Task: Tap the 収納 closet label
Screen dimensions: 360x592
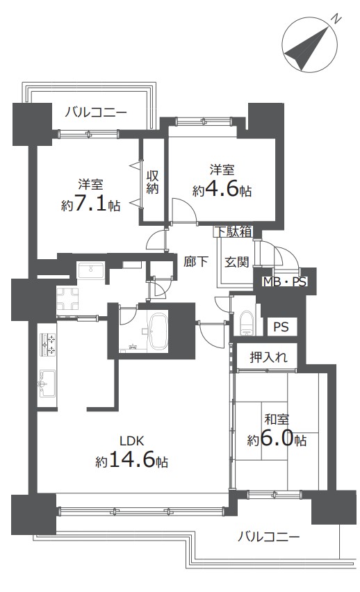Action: click(152, 182)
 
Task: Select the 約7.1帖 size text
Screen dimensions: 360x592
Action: click(90, 204)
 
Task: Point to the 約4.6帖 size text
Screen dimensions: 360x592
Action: click(222, 190)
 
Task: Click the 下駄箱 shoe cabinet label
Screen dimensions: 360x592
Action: click(234, 231)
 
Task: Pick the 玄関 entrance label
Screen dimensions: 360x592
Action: click(237, 262)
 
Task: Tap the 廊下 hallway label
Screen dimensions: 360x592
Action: click(196, 261)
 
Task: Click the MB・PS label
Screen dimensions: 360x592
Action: click(285, 281)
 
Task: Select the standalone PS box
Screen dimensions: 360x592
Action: click(281, 327)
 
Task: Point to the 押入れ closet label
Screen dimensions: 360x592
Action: click(268, 357)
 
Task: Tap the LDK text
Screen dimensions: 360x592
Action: click(131, 441)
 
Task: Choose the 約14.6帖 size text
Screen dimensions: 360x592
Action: click(131, 461)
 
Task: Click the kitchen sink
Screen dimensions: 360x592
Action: click(47, 382)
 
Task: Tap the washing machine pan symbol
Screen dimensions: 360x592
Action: click(67, 299)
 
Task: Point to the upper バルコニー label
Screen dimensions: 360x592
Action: click(96, 112)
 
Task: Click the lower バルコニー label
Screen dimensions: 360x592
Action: click(268, 536)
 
